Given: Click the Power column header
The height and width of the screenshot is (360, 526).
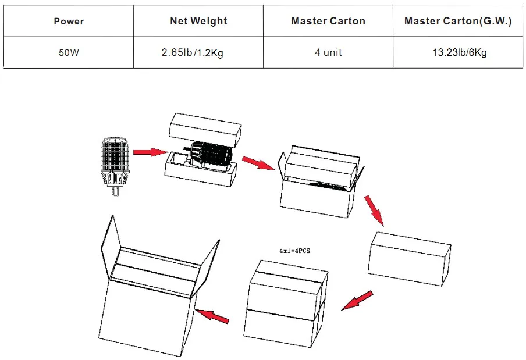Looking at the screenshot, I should pos(69,22).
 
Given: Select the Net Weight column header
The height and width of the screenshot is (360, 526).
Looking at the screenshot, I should pos(198,22).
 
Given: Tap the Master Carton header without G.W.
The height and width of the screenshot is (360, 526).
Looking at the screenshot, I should pos(328,22).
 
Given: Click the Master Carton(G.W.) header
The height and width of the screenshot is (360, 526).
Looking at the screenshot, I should pos(458,22).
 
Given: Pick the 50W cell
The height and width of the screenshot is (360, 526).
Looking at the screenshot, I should pos(69,52).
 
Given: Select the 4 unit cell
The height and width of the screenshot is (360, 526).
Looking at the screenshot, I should pos(328,52).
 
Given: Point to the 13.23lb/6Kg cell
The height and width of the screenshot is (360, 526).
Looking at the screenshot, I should pos(459,52).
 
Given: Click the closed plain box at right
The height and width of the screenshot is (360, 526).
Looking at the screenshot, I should pos(410,258).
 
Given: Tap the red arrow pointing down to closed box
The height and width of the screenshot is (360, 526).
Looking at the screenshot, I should pos(375,210).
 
